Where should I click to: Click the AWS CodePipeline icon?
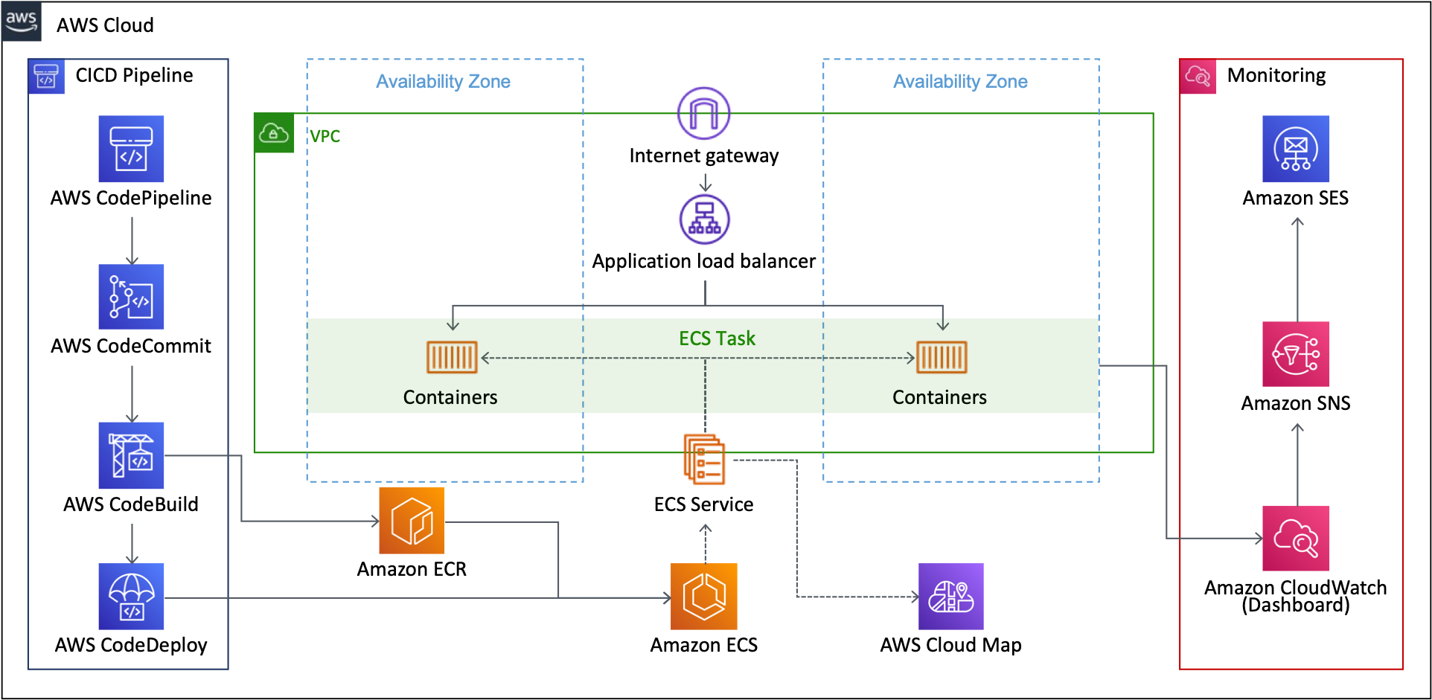(131, 149)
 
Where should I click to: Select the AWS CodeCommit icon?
(131, 297)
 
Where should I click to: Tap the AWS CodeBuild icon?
(131, 455)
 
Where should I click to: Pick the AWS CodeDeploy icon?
(131, 597)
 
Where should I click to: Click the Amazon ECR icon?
(412, 521)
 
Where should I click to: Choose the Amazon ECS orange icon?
(704, 597)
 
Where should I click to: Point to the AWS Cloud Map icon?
(951, 597)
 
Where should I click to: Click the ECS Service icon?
(704, 459)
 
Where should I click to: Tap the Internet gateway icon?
(704, 113)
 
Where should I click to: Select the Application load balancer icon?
(705, 219)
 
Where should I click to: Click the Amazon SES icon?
(1296, 149)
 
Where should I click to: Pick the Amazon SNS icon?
(1296, 354)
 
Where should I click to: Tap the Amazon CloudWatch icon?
(1296, 539)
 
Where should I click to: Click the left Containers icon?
(452, 357)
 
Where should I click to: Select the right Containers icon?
(942, 357)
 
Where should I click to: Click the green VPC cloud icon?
(274, 133)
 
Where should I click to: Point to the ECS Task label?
(717, 338)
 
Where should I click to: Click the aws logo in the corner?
(22, 22)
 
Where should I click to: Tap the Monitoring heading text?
(1276, 75)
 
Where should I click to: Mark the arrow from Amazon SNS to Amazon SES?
(1297, 269)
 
